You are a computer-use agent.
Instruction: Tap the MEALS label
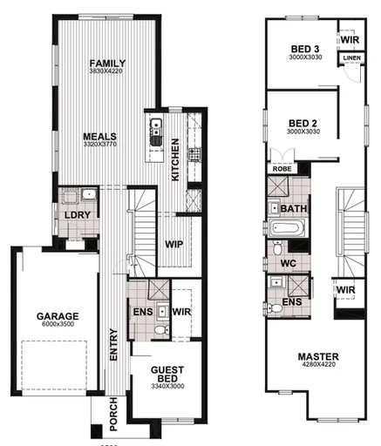tap(101, 137)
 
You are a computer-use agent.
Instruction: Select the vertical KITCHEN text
tap(175, 159)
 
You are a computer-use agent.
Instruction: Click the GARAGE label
tap(58, 316)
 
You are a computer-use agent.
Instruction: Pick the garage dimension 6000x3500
tap(58, 325)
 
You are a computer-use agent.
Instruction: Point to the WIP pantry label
tap(173, 245)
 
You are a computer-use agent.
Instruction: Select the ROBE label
tap(282, 169)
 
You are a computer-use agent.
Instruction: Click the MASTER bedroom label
tap(317, 356)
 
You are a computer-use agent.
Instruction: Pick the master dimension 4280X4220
tap(317, 366)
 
